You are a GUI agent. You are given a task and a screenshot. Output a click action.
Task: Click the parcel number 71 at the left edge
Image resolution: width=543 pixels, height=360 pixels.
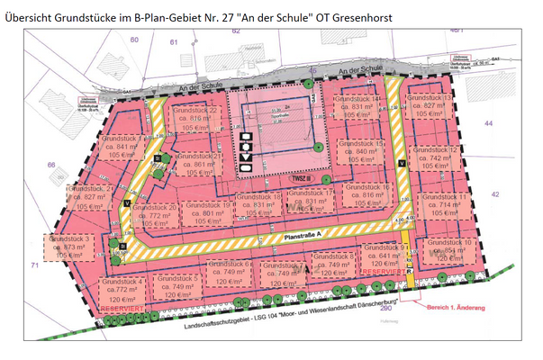(x=34, y=266)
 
